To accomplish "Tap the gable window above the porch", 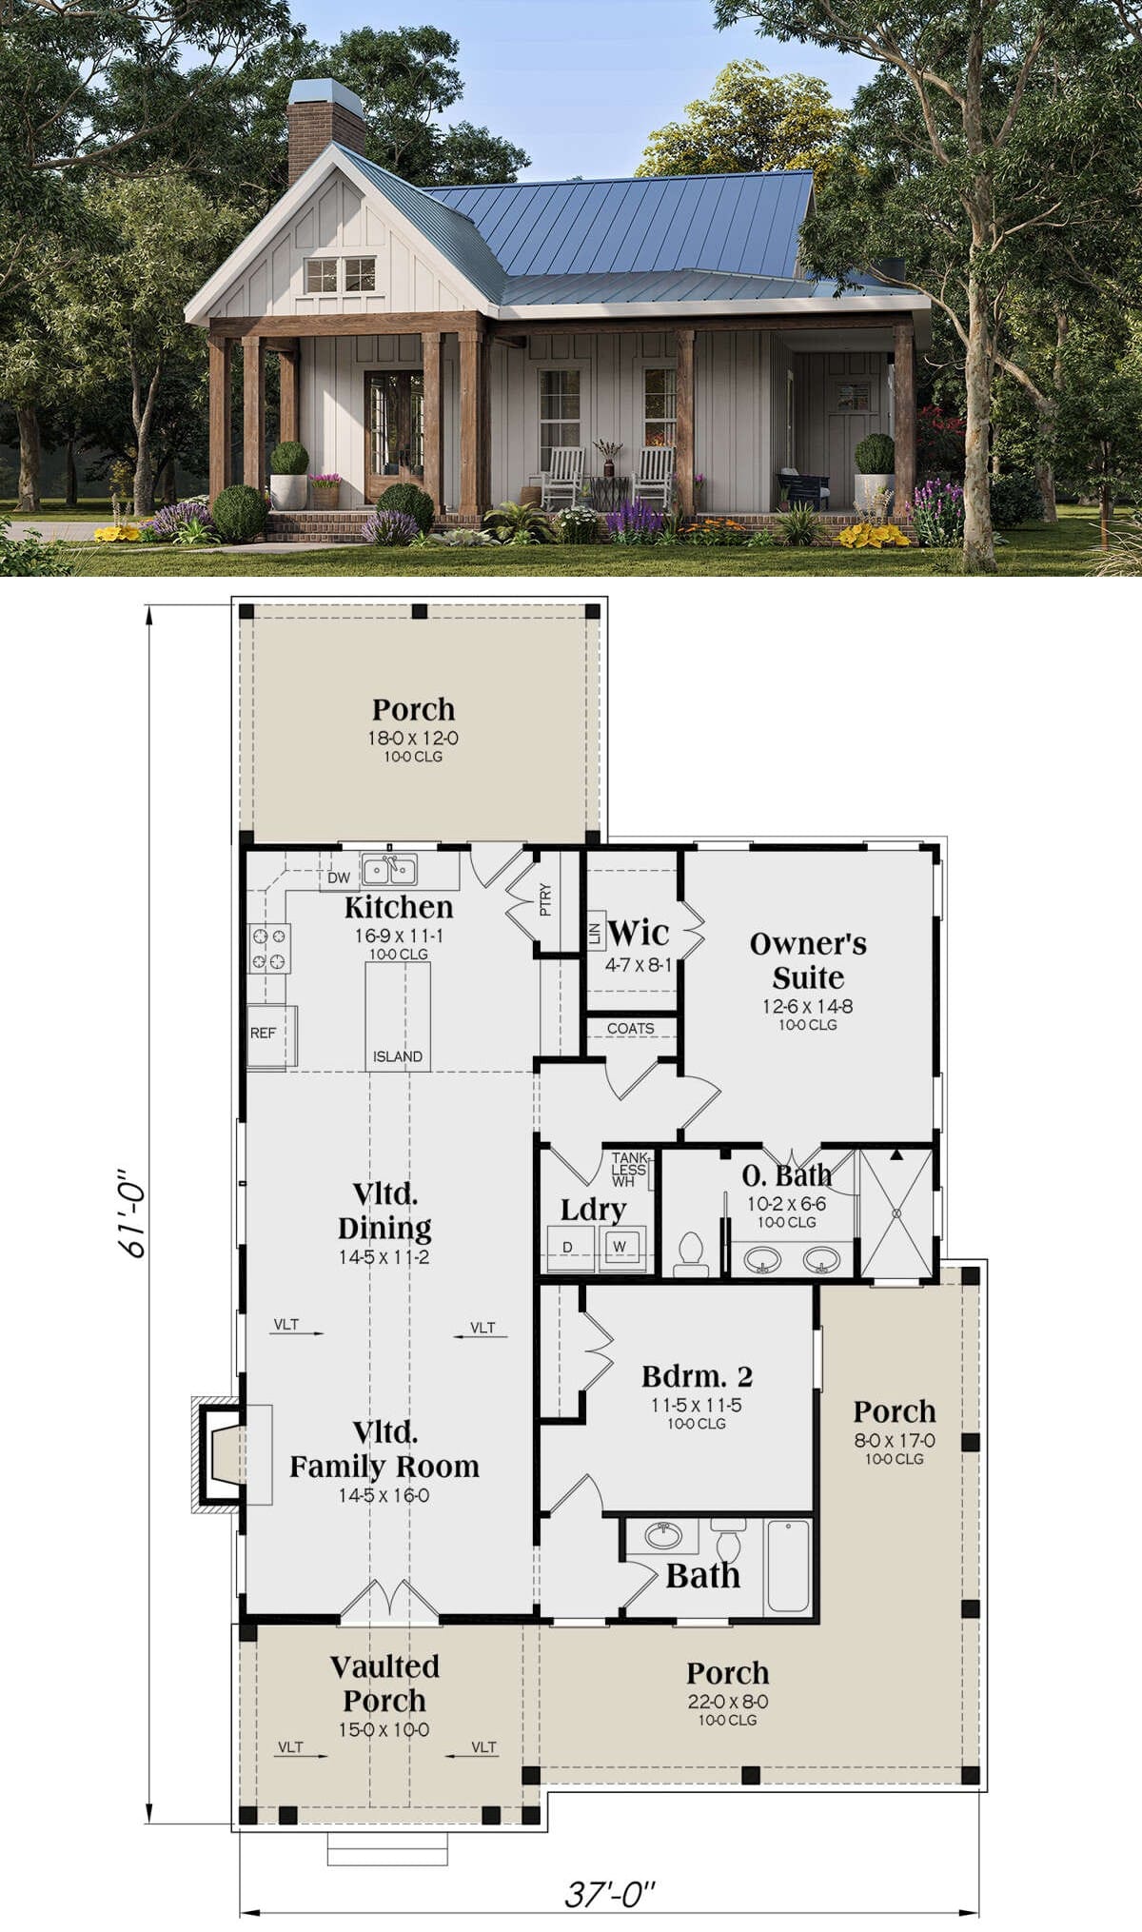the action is (340, 274).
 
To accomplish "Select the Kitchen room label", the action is (399, 907).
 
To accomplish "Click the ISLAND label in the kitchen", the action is (398, 1056).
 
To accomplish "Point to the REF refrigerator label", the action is (263, 1033).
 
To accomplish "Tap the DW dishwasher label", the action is (339, 877).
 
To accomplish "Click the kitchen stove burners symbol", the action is (269, 948).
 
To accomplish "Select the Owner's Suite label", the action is (808, 960).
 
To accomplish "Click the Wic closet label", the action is (638, 932).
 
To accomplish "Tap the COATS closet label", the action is (630, 1028).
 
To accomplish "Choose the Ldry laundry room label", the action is (593, 1210).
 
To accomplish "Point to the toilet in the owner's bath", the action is (690, 1254).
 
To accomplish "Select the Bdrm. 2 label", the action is (697, 1376).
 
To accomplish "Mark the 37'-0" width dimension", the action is (609, 1894).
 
